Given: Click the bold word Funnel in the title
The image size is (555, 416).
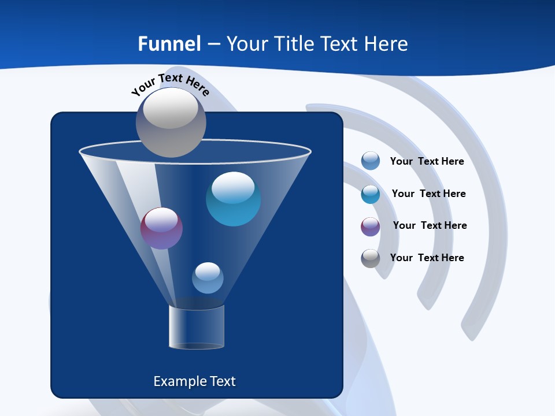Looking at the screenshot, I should [169, 44].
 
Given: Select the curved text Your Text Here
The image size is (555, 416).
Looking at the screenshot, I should [170, 84].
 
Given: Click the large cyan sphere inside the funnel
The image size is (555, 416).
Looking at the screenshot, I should [233, 199].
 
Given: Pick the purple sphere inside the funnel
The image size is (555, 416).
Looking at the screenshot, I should [161, 229].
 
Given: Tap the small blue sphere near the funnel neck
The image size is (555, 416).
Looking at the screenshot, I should [208, 278].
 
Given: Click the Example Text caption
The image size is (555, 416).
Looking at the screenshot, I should [194, 381].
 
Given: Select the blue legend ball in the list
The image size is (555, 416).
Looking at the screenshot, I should [371, 161].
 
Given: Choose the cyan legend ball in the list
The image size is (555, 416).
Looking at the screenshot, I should [371, 194].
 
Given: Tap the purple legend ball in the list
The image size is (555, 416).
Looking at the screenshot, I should [371, 226].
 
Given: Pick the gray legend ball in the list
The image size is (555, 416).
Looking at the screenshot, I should [371, 258].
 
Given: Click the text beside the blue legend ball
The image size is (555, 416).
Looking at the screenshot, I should [427, 162].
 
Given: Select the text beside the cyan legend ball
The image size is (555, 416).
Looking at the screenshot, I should [428, 194].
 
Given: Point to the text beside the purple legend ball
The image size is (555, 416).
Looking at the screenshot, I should [430, 226].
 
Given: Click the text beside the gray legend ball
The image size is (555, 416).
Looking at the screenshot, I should [427, 258].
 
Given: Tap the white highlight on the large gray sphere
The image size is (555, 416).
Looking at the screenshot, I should [170, 108].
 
